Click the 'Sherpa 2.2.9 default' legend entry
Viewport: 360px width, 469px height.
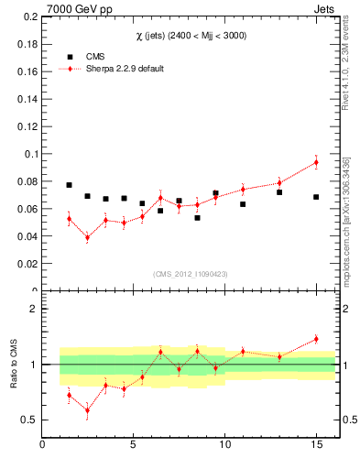[124, 69]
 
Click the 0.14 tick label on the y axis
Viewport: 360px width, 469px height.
[27, 99]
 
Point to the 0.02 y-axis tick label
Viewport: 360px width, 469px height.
[27, 264]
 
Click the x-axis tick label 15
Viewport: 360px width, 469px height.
[316, 446]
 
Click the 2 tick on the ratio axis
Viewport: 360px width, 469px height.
[33, 309]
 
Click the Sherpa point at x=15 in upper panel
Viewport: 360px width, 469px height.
[316, 162]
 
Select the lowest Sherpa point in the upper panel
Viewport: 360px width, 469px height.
[87, 237]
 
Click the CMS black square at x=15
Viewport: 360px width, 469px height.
[316, 197]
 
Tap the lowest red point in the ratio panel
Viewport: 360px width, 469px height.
[87, 409]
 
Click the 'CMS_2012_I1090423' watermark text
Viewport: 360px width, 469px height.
[189, 273]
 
